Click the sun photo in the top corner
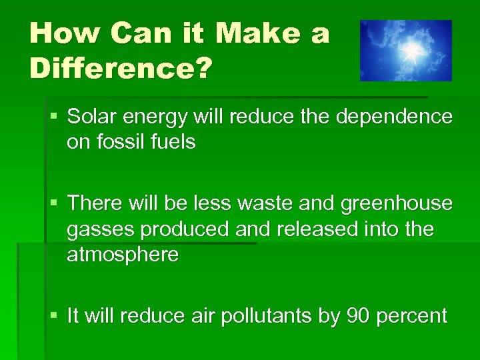click(406, 51)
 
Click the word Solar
click(91, 117)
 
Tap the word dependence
click(395, 117)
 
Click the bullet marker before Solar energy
click(55, 117)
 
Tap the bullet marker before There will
click(55, 203)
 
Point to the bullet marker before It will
click(55, 315)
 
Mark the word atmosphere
click(123, 254)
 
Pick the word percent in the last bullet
click(411, 317)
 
